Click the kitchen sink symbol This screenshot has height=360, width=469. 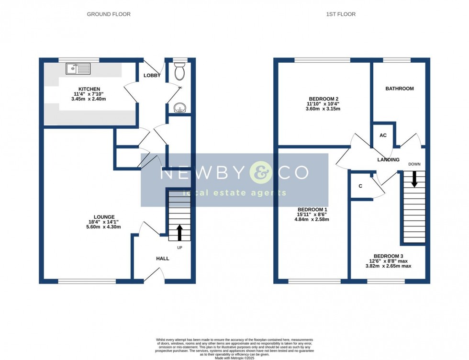(x=78, y=69)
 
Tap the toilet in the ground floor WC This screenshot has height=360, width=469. (x=180, y=72)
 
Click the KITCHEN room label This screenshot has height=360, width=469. (x=89, y=89)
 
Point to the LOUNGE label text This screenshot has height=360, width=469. (x=104, y=217)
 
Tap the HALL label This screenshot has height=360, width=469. (x=162, y=259)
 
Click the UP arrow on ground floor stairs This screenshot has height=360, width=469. (x=179, y=233)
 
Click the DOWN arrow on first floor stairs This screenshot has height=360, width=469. (x=414, y=180)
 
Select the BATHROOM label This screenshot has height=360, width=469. (x=400, y=89)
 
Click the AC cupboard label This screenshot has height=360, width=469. (x=383, y=135)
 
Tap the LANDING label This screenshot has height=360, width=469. (x=388, y=160)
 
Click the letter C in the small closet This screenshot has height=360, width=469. (x=359, y=186)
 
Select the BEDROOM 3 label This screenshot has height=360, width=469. (x=389, y=256)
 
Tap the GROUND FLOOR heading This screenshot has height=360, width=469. (x=109, y=14)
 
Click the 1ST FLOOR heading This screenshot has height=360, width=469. (x=341, y=14)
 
